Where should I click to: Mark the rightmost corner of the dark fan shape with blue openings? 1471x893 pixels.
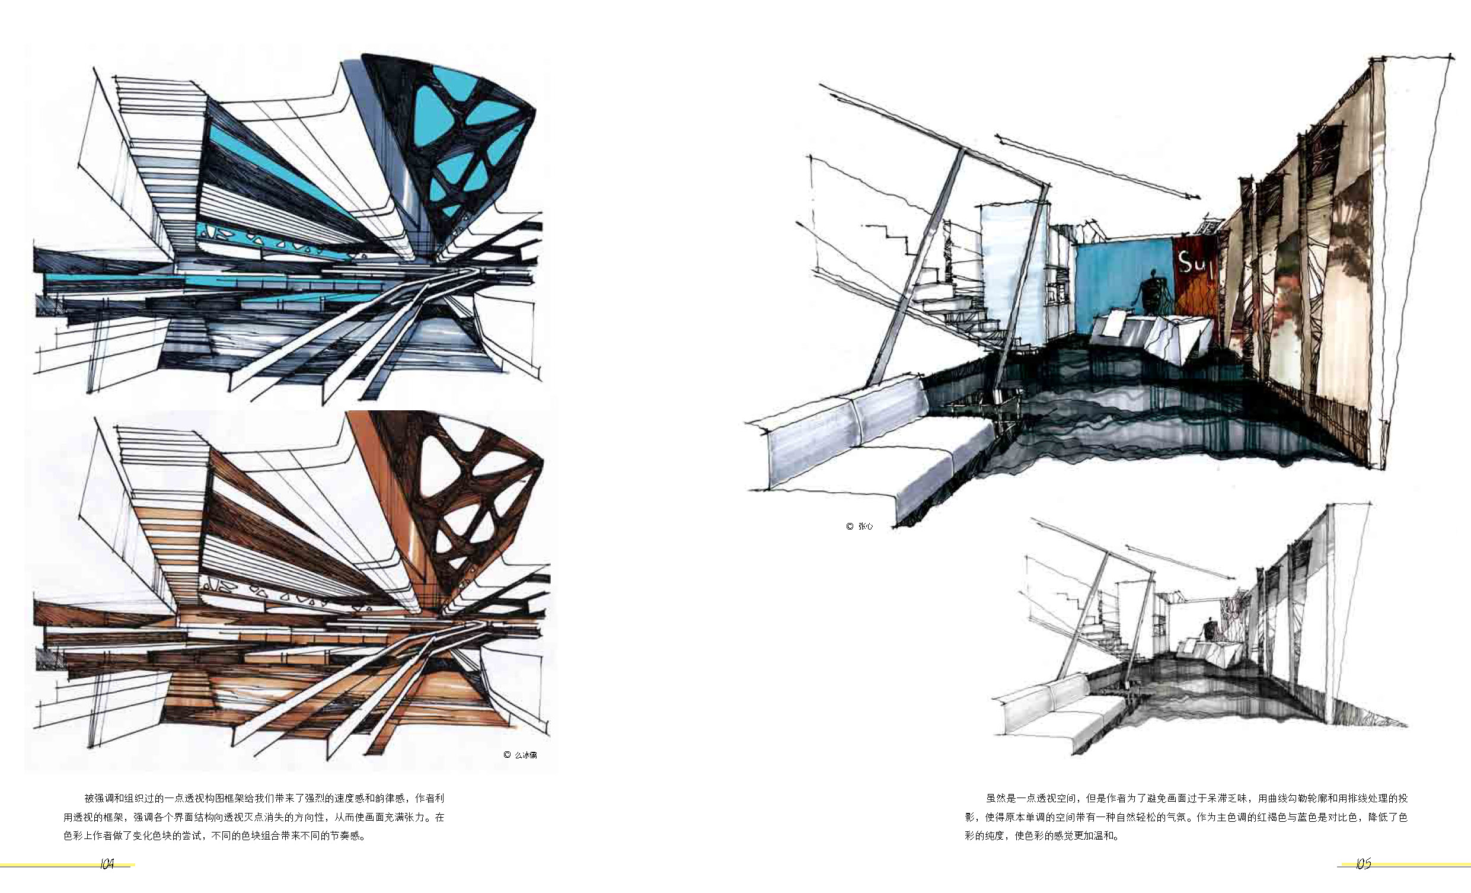[535, 110]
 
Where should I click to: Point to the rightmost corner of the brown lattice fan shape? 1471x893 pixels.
[544, 461]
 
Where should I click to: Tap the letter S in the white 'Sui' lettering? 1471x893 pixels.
[1184, 261]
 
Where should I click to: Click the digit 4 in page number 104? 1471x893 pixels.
[110, 865]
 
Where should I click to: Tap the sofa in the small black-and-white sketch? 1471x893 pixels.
[1062, 710]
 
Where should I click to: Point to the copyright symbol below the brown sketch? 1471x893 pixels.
[507, 755]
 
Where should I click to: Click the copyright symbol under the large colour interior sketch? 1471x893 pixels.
[850, 526]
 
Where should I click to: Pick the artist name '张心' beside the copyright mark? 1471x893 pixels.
[866, 526]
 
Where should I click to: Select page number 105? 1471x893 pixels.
[1363, 865]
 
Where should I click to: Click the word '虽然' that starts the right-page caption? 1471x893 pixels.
[996, 798]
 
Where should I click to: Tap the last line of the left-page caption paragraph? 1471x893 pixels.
[214, 835]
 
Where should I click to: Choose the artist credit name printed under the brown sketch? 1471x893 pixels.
[526, 755]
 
